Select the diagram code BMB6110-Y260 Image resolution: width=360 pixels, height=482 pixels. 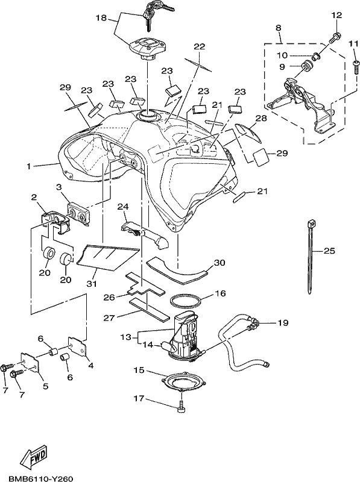pyautogui.click(x=37, y=478)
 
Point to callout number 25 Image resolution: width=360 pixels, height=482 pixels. pyautogui.click(x=329, y=251)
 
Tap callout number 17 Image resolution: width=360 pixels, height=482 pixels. pyautogui.click(x=139, y=398)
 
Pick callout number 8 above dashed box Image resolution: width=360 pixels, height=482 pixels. pyautogui.click(x=278, y=28)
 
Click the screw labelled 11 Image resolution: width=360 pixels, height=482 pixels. pyautogui.click(x=356, y=67)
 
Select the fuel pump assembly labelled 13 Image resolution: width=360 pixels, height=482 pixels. pyautogui.click(x=186, y=336)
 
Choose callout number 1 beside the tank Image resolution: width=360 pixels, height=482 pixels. pyautogui.click(x=28, y=166)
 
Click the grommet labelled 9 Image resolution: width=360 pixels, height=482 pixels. pyautogui.click(x=305, y=66)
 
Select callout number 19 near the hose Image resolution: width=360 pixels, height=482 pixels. pyautogui.click(x=283, y=323)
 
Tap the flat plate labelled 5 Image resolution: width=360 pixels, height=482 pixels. pyautogui.click(x=31, y=363)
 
